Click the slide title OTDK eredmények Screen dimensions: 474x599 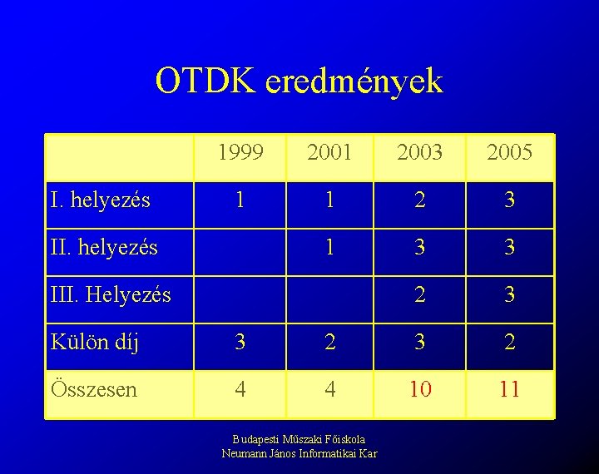(299, 81)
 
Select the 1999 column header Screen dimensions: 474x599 (240, 152)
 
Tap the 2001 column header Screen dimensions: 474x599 (329, 152)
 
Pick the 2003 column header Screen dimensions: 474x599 (420, 152)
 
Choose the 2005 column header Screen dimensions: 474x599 (509, 152)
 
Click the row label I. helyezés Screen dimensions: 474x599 (101, 200)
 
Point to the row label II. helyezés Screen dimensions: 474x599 (104, 247)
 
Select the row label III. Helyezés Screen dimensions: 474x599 (111, 294)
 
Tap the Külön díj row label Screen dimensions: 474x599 (94, 342)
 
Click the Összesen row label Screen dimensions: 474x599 (94, 389)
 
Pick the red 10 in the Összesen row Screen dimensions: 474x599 (420, 389)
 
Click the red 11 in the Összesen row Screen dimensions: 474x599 (509, 389)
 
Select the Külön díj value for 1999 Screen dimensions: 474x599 (240, 342)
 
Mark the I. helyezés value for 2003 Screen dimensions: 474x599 (420, 200)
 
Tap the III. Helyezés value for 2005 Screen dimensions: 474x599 (509, 294)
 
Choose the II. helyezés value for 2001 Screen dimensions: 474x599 (330, 247)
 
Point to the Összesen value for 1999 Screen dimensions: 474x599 (240, 389)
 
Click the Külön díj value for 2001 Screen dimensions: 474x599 (330, 342)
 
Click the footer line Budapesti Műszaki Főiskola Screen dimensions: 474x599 (299, 439)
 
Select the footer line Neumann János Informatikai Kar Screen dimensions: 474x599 (299, 453)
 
